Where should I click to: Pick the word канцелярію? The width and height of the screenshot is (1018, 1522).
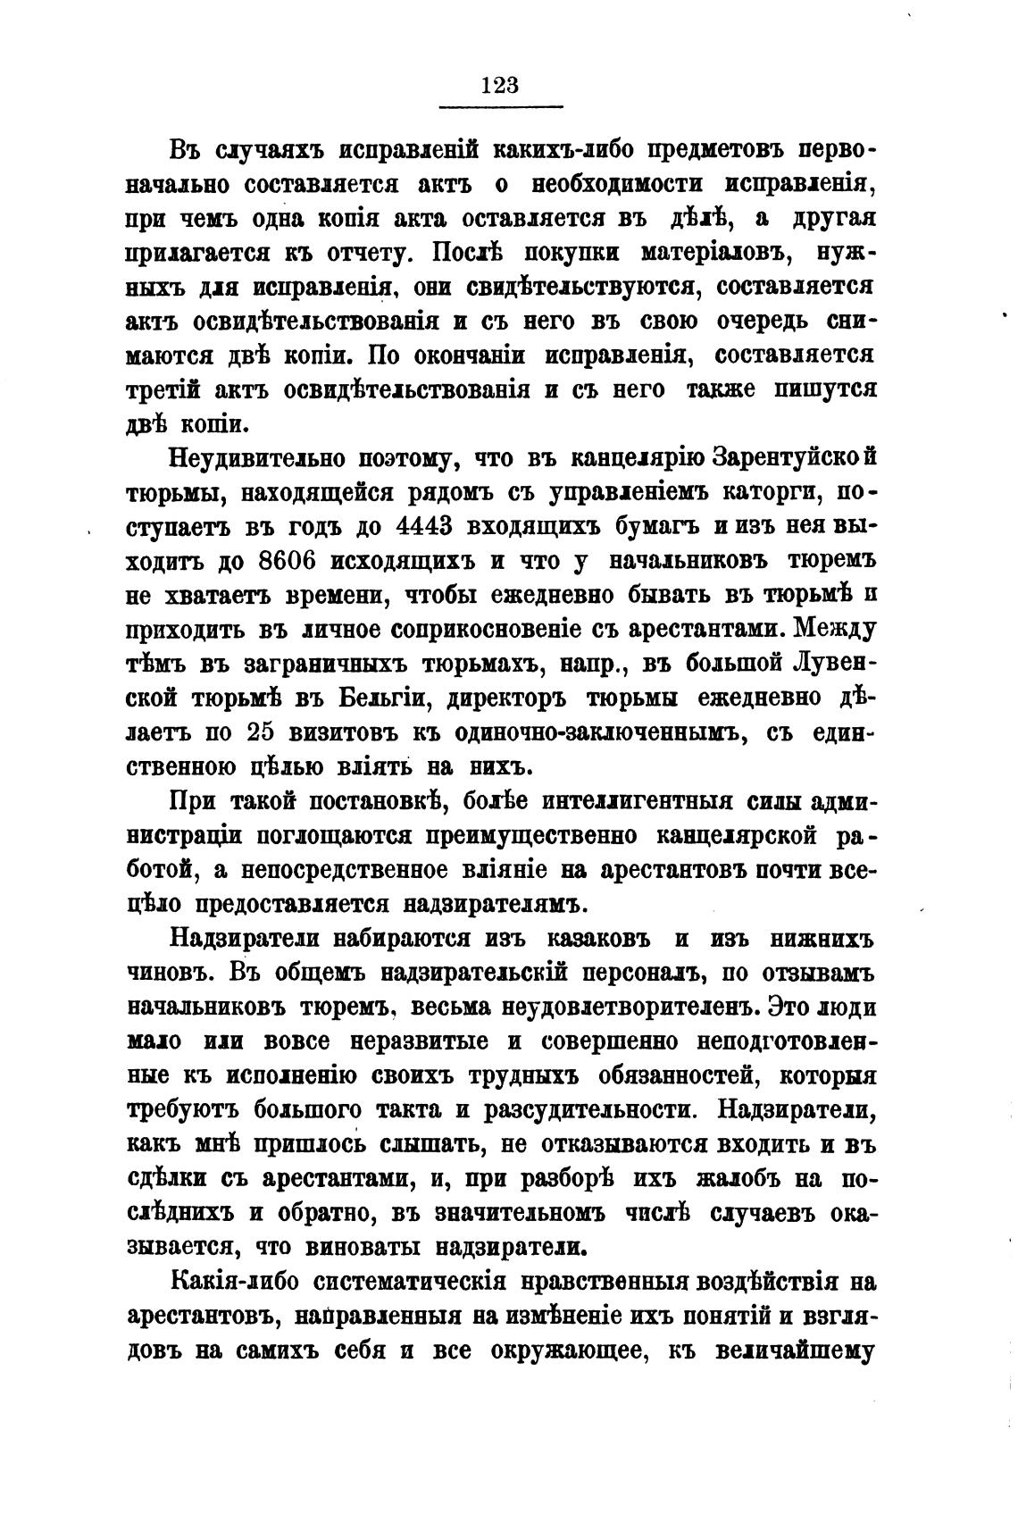point(625,458)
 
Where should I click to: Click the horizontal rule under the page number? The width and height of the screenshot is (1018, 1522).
point(500,108)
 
